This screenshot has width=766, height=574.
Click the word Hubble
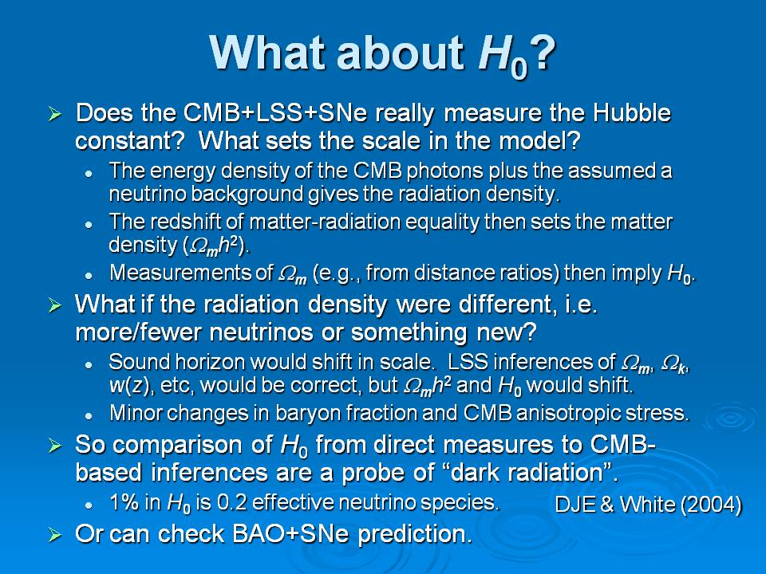pos(632,112)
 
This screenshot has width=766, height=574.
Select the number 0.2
pos(231,503)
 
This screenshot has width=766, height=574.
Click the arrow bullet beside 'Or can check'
pos(55,536)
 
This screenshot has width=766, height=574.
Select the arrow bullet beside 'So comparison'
pos(55,446)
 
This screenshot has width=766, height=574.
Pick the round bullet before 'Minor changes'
pos(89,416)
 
